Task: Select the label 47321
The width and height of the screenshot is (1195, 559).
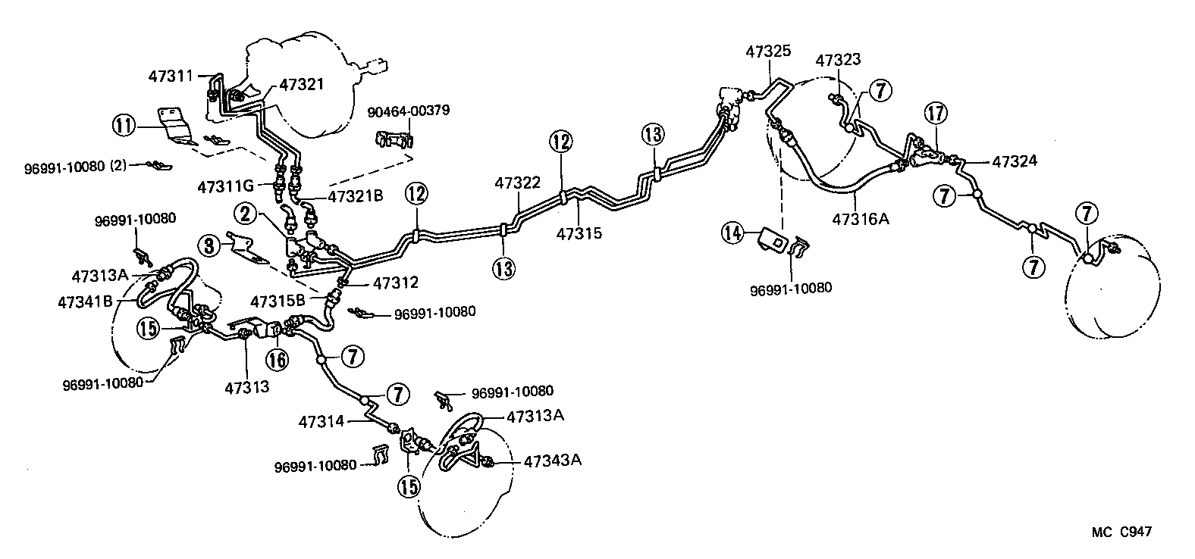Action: point(302,84)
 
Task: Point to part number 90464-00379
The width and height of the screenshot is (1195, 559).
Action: point(409,111)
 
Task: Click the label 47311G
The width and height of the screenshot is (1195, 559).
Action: point(231,186)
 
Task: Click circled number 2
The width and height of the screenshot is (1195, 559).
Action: point(246,214)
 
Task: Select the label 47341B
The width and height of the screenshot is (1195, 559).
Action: point(85,301)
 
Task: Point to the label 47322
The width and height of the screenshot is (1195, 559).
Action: point(518,183)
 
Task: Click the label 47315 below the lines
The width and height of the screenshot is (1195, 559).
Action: point(579,233)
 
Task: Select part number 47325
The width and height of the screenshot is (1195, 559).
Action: point(768,52)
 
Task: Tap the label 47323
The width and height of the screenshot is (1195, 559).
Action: point(838,60)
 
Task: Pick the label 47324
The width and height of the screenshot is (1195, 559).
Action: point(1014,161)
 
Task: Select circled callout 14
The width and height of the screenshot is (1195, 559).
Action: point(732,233)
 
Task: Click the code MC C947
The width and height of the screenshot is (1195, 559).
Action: point(1121,532)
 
